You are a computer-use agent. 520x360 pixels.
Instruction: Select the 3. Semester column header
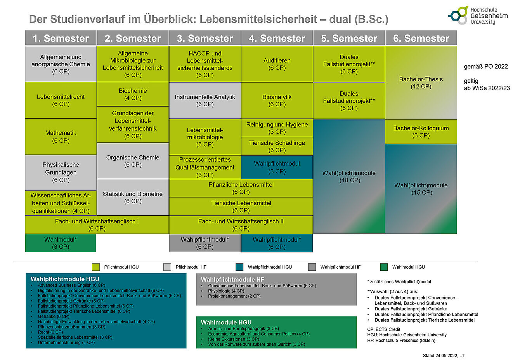coord(205,38)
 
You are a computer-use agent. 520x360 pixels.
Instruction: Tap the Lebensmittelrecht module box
coord(61,100)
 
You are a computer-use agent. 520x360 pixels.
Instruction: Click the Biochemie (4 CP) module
coord(133,94)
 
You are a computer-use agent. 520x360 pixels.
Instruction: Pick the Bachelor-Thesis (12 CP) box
coord(421,83)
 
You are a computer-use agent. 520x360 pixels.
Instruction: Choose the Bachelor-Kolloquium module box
coord(421,132)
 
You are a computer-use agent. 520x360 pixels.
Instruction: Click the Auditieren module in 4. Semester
coord(277,64)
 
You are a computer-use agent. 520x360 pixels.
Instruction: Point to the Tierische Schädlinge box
coord(277,146)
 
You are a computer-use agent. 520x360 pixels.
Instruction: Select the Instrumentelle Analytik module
coord(205,100)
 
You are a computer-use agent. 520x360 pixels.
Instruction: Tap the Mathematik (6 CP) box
coord(61,137)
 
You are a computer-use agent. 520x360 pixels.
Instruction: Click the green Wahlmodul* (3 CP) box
coord(61,243)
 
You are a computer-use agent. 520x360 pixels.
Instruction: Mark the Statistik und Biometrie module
coord(133,197)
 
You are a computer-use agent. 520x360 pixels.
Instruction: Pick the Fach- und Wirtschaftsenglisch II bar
coord(241,225)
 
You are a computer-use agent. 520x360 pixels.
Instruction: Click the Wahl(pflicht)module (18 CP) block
coord(349,177)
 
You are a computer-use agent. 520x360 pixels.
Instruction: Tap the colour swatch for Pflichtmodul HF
coord(167,267)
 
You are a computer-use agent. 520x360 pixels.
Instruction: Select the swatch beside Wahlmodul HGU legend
coord(384,267)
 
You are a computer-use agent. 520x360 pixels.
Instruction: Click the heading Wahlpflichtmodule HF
coord(232,279)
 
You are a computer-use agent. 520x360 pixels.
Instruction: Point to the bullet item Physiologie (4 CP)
coord(226,291)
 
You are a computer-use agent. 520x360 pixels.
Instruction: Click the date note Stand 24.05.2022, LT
coord(444,355)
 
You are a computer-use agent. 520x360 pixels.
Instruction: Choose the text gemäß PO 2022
coord(486,66)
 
